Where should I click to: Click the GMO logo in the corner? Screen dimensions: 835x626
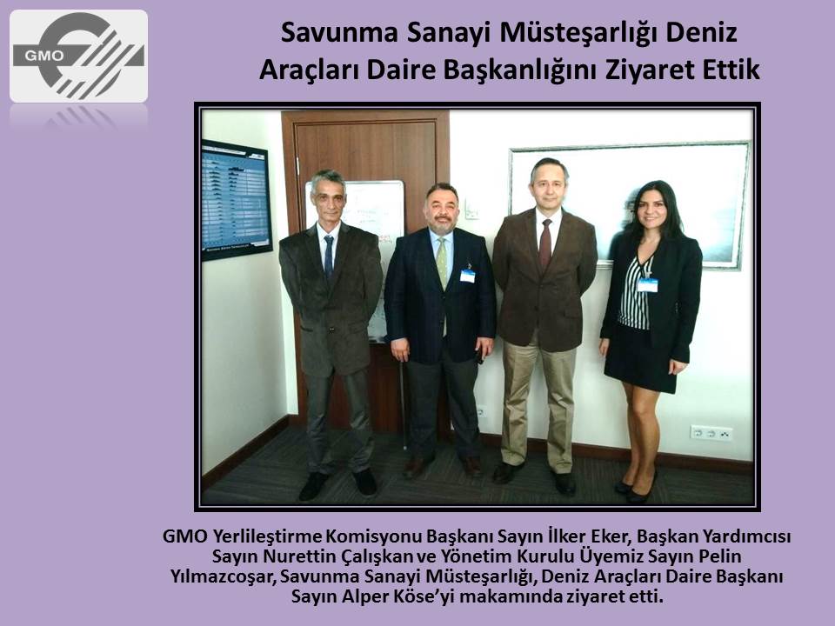[79, 56]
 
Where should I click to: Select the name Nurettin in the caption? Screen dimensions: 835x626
[296, 556]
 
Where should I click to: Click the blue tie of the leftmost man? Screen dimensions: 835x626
[329, 257]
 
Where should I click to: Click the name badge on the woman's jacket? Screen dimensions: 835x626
[647, 285]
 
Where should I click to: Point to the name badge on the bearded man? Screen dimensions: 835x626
[467, 276]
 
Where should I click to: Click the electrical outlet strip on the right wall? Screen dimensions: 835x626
[711, 433]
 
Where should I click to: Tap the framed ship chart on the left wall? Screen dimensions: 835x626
[236, 201]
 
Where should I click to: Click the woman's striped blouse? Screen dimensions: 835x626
[635, 293]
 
